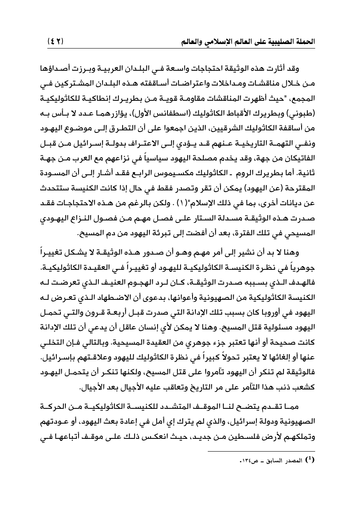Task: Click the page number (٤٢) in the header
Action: (56, 41)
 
